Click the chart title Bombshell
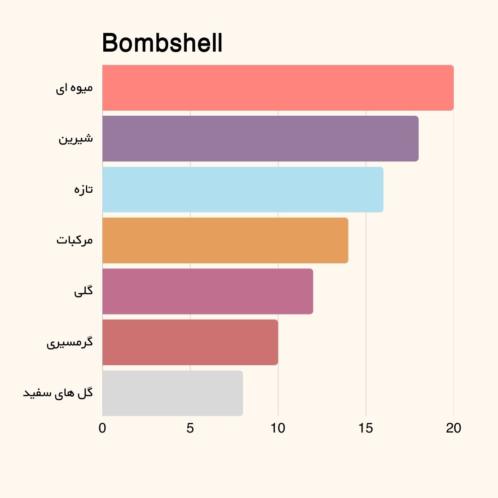(162, 44)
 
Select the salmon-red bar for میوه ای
(278, 88)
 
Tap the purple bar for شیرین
(260, 139)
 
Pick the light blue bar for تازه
(243, 190)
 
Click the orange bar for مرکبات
(225, 241)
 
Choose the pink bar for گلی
(207, 291)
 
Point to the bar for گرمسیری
(190, 342)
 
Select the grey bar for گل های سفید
(172, 393)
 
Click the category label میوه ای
(74, 88)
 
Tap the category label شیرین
(76, 139)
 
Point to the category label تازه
(83, 190)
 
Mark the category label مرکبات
(75, 241)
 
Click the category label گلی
(83, 291)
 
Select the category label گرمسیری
(70, 343)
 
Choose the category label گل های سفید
(58, 393)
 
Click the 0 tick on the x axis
(102, 428)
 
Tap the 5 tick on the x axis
(190, 428)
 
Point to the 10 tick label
(278, 428)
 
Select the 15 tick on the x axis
(366, 428)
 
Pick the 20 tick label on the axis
(454, 428)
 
